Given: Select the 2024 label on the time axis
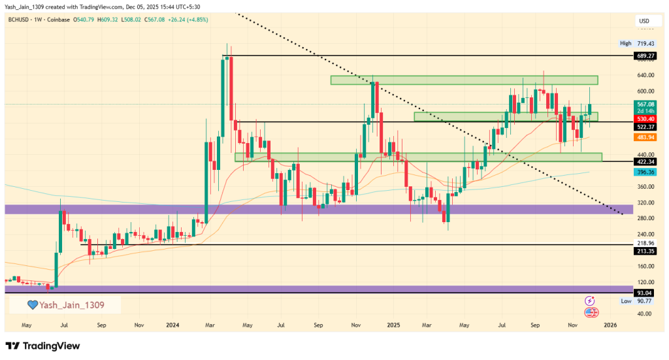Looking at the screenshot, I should point(172,324).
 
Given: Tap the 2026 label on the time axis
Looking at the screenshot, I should point(610,324).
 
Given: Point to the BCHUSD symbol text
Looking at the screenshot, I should point(20,20).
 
